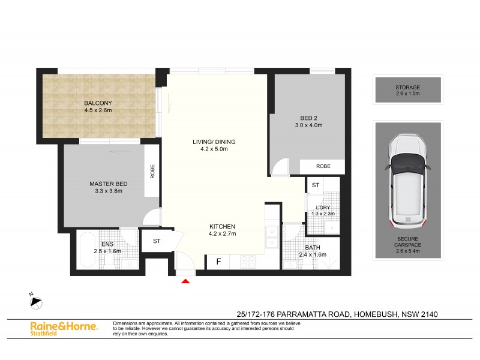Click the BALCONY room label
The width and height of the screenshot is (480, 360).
click(x=98, y=103)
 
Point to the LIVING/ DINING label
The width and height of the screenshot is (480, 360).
click(x=214, y=142)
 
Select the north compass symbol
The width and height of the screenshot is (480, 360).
click(x=35, y=301)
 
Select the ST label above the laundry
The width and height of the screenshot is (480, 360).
click(x=316, y=185)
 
